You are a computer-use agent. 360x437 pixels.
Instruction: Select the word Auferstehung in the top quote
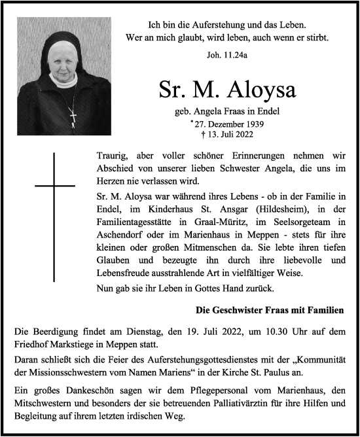pos(206,24)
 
